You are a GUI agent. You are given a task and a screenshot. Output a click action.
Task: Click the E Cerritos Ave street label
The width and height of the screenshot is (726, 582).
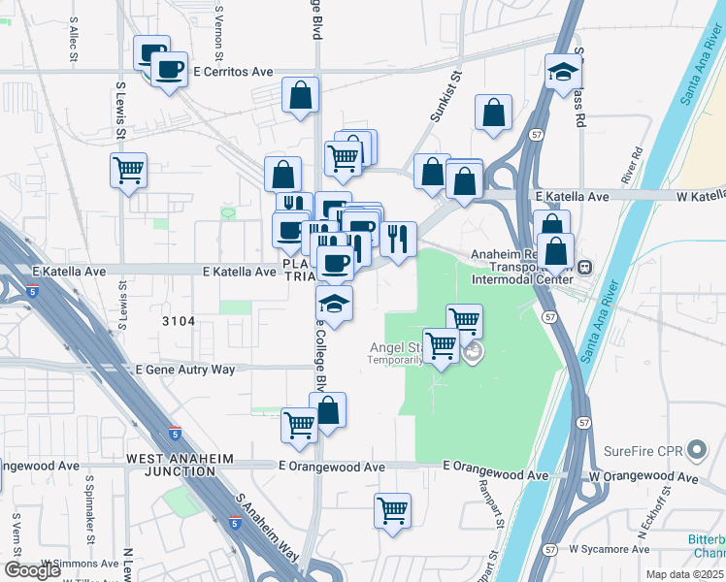click(233, 72)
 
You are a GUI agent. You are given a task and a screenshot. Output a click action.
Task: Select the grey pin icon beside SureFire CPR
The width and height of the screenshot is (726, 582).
click(696, 450)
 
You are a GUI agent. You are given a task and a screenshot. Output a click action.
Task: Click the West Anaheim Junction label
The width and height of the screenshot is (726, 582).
click(170, 465)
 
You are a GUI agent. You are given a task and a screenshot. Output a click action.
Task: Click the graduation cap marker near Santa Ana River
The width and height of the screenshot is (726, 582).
click(562, 73)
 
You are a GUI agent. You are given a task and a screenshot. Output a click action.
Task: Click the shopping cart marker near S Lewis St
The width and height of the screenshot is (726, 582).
click(128, 172)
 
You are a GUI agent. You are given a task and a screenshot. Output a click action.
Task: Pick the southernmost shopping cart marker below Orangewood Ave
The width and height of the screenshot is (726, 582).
click(392, 510)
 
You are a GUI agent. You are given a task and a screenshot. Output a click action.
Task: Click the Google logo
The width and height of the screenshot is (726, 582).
click(32, 570)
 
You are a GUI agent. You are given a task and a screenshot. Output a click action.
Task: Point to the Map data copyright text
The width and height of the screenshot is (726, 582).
click(684, 574)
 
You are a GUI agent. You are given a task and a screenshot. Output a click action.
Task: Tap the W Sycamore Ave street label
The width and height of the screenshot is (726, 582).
click(610, 548)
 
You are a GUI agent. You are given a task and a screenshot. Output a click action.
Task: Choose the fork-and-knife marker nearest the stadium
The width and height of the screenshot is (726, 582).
click(398, 238)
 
